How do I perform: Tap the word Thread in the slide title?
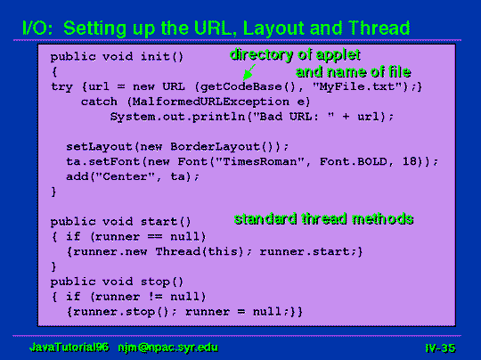[379, 28]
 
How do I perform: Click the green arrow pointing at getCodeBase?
[249, 72]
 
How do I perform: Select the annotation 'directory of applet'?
[295, 55]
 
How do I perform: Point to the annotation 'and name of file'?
[353, 72]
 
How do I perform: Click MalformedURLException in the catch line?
[211, 102]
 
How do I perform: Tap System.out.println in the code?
[177, 117]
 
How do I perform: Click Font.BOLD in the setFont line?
[354, 161]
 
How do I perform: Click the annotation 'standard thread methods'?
[324, 219]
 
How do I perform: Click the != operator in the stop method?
[155, 297]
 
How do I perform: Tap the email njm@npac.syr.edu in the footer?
[168, 348]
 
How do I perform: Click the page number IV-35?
[440, 348]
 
